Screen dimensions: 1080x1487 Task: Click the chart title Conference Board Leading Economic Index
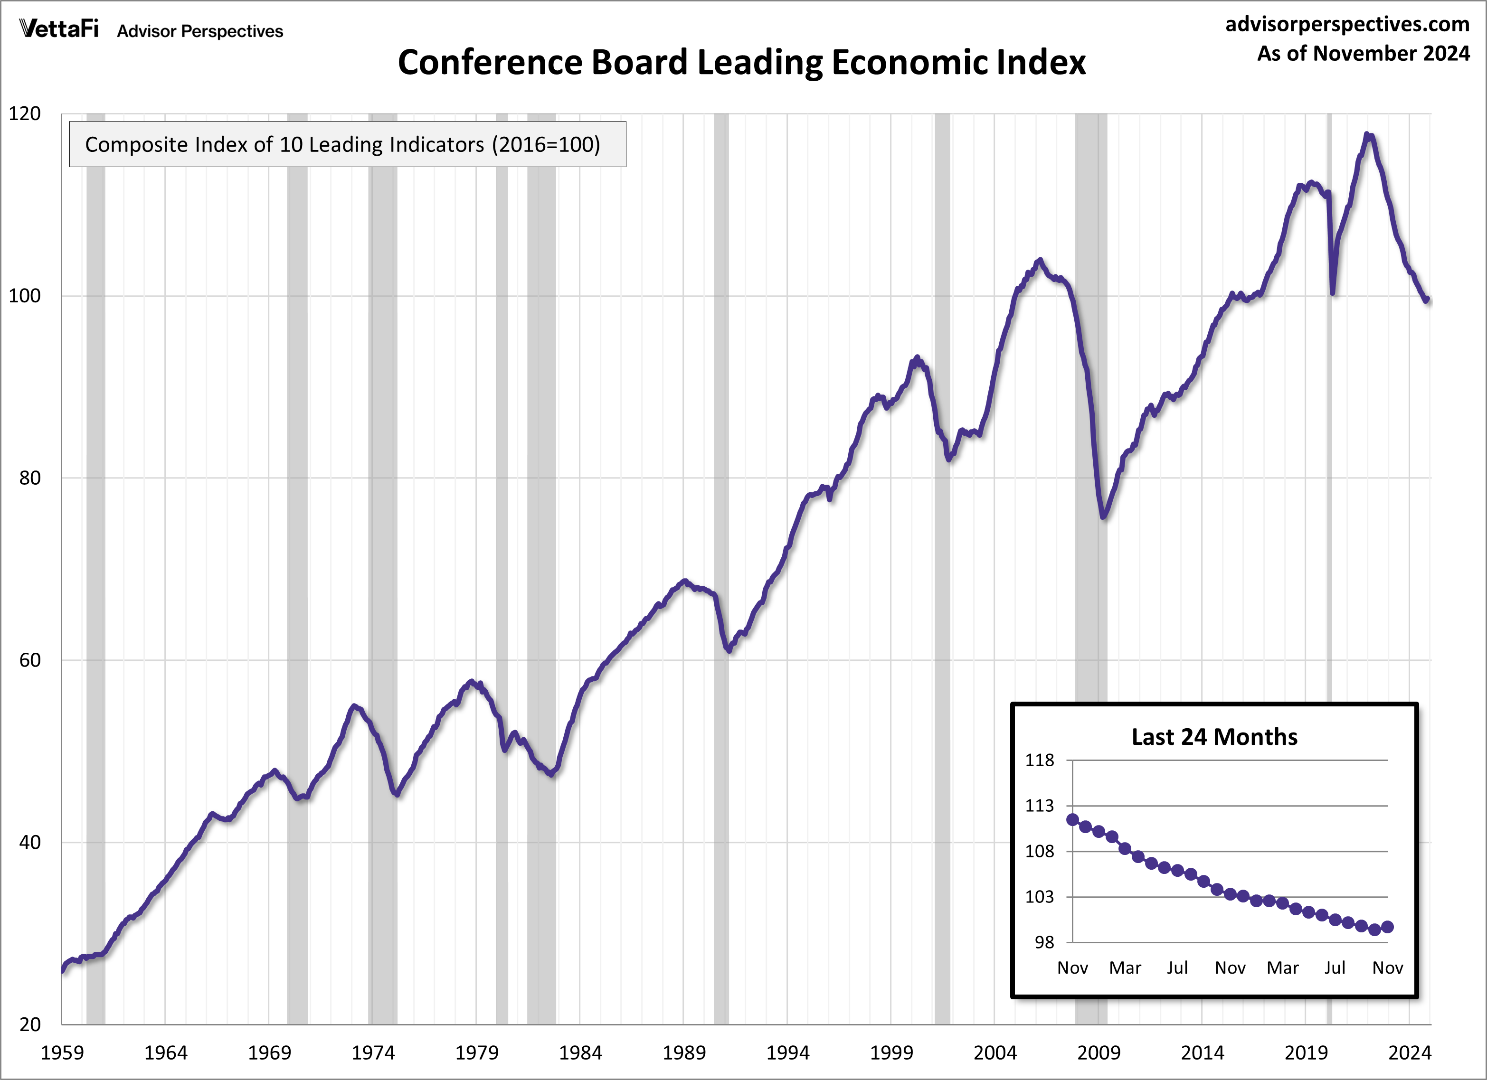(741, 63)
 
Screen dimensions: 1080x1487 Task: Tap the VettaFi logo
(59, 29)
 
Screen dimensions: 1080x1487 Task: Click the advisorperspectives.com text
(1347, 24)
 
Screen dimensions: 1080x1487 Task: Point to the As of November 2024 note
(1363, 53)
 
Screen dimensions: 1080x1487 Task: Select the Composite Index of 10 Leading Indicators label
(342, 144)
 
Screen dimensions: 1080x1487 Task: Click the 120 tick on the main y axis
(24, 113)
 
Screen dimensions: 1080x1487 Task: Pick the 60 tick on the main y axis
(29, 660)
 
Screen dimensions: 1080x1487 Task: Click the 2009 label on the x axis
(1098, 1053)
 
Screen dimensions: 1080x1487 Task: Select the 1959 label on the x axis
(62, 1053)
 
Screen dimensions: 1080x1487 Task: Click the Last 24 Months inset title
(1214, 737)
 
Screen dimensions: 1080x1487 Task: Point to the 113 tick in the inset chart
(1039, 806)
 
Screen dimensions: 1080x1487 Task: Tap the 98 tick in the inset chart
(1044, 942)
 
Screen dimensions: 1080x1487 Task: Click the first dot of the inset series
(1073, 819)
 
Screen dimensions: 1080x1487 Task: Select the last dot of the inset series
(1387, 927)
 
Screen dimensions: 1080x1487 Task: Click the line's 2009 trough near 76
(1103, 517)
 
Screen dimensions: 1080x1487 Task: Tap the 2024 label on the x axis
(1410, 1053)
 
